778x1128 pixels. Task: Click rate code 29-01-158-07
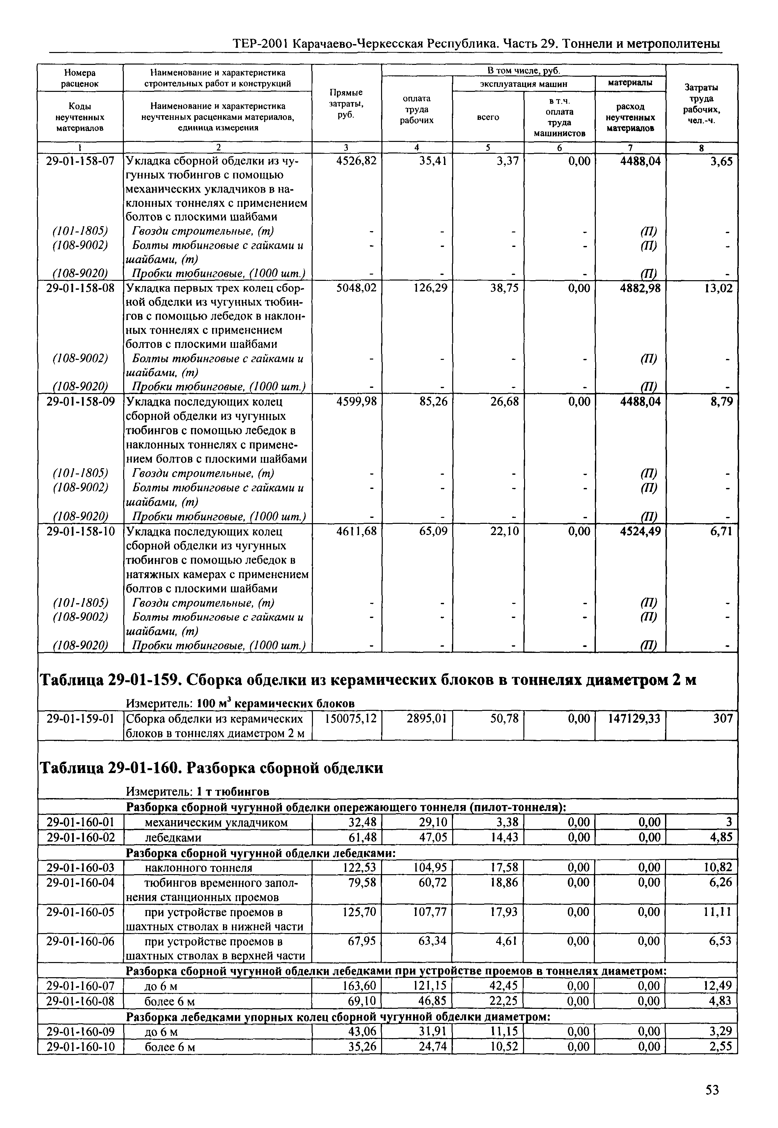tap(80, 161)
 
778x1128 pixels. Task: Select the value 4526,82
tap(356, 161)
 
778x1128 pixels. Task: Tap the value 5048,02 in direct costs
tap(356, 288)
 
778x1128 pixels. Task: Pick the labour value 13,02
tap(718, 288)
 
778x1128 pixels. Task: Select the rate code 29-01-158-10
tap(80, 531)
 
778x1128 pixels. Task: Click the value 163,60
tap(360, 986)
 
